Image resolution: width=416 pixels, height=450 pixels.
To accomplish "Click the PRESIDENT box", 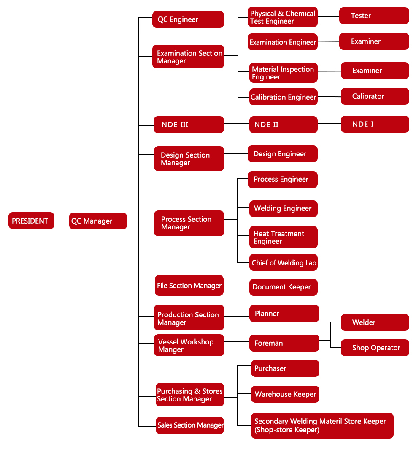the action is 31,221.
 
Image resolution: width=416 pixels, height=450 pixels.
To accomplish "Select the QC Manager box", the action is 98,221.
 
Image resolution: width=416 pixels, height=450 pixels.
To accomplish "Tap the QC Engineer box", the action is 188,19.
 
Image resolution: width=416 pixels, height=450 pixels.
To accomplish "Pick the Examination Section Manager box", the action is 188,57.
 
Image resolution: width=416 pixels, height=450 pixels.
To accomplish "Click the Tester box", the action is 374,16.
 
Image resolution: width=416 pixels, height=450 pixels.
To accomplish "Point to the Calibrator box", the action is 375,96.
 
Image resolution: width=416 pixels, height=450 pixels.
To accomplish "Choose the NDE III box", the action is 189,125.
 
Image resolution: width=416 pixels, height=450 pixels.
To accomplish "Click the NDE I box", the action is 375,124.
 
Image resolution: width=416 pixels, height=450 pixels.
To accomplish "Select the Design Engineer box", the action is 283,154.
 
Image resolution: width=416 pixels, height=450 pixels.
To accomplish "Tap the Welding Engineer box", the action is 284,209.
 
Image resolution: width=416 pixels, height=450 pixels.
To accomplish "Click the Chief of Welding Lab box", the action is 284,262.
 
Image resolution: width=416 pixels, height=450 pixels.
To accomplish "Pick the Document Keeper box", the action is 284,287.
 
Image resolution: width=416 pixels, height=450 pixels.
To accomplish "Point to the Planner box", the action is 284,314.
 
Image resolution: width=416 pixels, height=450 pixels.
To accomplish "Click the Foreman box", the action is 284,343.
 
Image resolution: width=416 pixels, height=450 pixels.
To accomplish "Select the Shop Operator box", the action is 375,348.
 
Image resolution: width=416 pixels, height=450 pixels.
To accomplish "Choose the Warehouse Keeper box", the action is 285,394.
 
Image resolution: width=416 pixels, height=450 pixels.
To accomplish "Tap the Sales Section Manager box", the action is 190,425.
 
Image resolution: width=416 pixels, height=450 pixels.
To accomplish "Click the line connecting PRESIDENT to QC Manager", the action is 62,221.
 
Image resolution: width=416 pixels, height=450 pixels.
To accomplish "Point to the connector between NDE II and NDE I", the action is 329,124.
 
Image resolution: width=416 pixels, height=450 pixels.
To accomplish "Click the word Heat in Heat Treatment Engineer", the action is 260,234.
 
